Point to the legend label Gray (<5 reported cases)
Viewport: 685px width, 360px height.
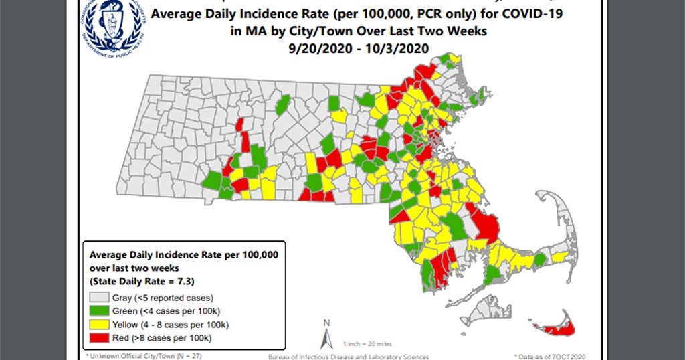(165, 298)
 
